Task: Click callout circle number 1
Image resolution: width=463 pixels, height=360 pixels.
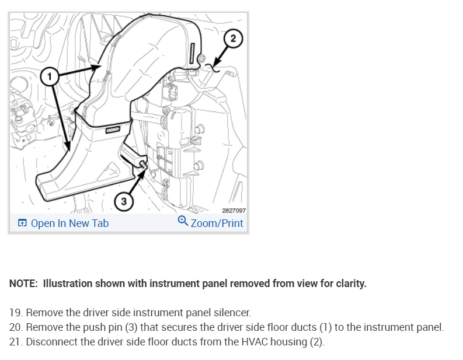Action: tap(50, 75)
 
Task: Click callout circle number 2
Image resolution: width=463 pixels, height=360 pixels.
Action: tap(233, 39)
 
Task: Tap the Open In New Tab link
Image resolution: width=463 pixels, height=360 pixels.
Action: tap(69, 223)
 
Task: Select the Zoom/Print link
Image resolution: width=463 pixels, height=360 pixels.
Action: tap(217, 223)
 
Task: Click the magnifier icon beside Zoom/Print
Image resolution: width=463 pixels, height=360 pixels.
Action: tap(183, 222)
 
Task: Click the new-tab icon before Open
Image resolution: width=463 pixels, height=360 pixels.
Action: tap(22, 223)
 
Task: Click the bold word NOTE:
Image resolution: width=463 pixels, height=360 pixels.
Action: tap(23, 284)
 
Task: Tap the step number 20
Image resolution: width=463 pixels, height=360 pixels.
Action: tap(16, 327)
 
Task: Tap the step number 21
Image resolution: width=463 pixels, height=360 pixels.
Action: tap(16, 341)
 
